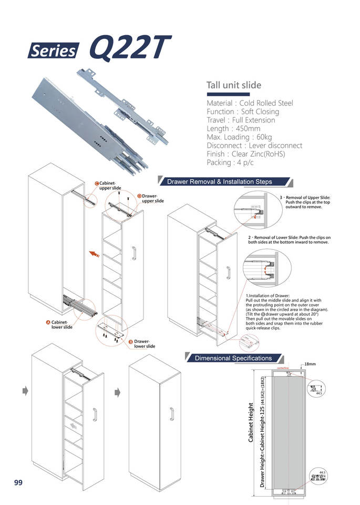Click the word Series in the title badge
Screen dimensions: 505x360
coord(53,51)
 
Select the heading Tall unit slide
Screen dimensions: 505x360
coord(233,85)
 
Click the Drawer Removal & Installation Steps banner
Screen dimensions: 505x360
coord(219,182)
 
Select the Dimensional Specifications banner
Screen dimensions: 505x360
coord(233,358)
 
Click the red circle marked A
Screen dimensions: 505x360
coord(47,321)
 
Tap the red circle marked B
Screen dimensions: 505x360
coord(130,342)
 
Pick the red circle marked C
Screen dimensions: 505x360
coord(97,183)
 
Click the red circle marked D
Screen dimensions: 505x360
coord(139,196)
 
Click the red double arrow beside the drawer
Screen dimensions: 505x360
coord(95,255)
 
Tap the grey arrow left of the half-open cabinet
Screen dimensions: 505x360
coord(25,391)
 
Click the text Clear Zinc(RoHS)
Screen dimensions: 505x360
coord(258,154)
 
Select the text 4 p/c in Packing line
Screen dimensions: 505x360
coord(248,162)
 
